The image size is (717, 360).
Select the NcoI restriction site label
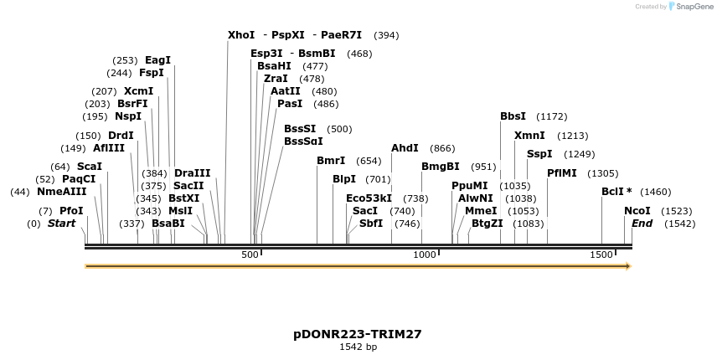pos(637,211)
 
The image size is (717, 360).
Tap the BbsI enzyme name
pos(513,116)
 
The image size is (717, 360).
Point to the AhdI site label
pos(405,148)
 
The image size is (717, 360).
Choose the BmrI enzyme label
pos(331,161)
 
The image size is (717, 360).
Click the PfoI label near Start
pos(71,211)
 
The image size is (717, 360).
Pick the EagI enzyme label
pos(157,60)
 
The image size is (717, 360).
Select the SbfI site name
pos(371,224)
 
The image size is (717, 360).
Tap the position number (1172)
pos(552,116)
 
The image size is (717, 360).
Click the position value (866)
pos(442,148)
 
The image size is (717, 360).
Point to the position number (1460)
pos(655,192)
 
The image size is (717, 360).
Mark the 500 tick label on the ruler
pos(250,254)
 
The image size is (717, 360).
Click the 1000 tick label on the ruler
pos(425,254)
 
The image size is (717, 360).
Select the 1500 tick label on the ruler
pos(601,254)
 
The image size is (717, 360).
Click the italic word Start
pos(61,224)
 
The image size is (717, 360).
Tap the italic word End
pos(642,224)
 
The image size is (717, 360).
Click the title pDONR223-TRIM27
pos(358,333)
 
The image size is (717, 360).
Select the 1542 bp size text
pos(358,347)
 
